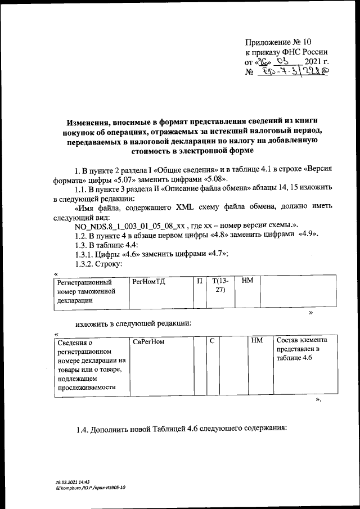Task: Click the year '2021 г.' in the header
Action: pyautogui.click(x=316, y=62)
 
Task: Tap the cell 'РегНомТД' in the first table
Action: pyautogui.click(x=147, y=281)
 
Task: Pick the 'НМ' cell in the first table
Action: pyautogui.click(x=246, y=281)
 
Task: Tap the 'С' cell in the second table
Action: pyautogui.click(x=212, y=341)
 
